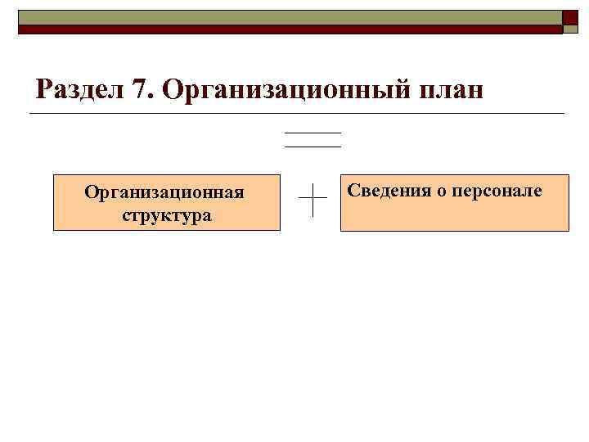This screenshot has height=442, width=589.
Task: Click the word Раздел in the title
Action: click(78, 88)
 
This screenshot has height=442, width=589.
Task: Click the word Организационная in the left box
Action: click(164, 193)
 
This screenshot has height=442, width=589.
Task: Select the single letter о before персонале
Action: click(442, 192)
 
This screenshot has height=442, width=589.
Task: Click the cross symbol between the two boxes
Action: click(313, 199)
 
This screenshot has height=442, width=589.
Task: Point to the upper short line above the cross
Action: click(312, 133)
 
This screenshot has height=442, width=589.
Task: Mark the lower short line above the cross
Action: click(312, 147)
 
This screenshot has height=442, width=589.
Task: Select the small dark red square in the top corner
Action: click(571, 17)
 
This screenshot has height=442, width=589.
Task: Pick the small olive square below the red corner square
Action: click(571, 29)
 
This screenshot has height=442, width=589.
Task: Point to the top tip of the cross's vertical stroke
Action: click(313, 183)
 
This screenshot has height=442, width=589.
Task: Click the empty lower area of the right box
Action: click(454, 217)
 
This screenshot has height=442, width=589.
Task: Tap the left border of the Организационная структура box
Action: click(54, 202)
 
